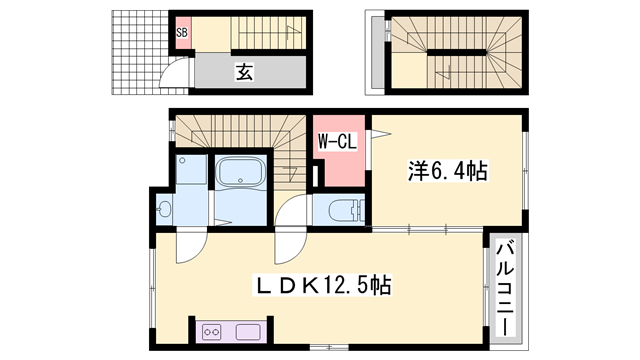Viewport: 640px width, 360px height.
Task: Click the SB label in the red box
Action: coord(182,32)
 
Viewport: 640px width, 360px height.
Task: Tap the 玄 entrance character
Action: coord(243,71)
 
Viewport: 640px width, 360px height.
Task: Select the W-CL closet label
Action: coord(337,143)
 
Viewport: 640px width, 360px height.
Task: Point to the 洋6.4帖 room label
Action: coord(447,172)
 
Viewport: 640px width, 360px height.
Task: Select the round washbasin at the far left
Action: coord(164,209)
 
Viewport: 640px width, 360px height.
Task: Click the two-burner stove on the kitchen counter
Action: coord(213,331)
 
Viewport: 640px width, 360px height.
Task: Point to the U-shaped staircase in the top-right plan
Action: coord(455,52)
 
